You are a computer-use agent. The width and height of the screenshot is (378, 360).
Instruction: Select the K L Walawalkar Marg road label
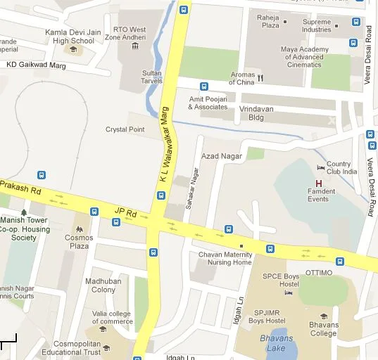(x=164, y=146)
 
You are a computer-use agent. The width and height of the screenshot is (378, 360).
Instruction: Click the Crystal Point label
(x=125, y=129)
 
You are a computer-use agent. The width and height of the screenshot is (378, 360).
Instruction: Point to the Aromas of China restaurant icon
(x=260, y=78)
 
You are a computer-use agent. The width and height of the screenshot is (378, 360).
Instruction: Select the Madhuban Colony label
(x=99, y=285)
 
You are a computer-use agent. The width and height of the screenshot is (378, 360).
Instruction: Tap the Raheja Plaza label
(x=271, y=21)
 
